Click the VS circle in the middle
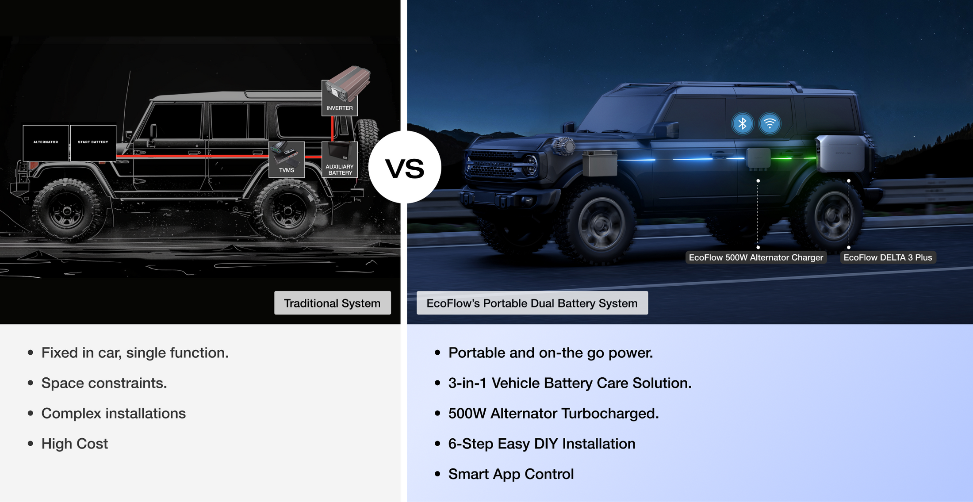405,167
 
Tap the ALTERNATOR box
46,142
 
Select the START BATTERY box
93,142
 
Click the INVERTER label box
340,98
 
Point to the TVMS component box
287,159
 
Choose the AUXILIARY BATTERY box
340,159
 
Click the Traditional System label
333,303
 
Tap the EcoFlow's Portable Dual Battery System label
532,303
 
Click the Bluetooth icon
743,123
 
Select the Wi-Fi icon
770,123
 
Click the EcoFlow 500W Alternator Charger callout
756,257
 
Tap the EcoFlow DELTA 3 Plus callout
888,257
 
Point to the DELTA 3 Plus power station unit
840,153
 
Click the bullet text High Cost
75,444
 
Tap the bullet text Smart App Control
511,474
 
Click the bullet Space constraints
104,383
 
